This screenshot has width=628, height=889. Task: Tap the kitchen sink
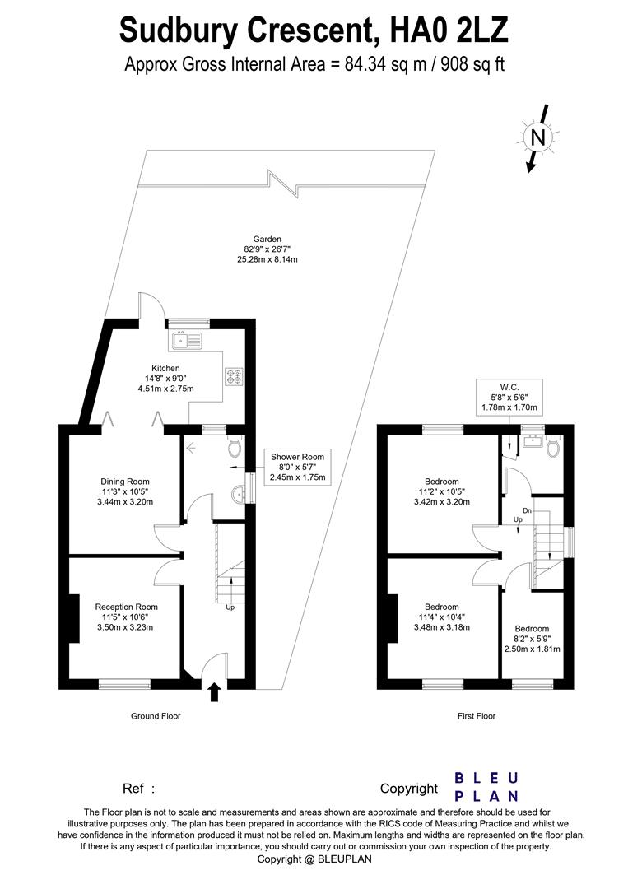click(186, 338)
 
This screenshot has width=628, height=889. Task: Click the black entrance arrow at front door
click(214, 691)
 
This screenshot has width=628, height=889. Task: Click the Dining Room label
click(125, 482)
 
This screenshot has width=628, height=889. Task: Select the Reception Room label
click(125, 606)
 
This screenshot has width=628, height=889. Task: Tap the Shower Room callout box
click(294, 467)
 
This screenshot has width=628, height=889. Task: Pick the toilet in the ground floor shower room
click(235, 446)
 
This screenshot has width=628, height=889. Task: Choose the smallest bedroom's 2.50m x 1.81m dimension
click(532, 649)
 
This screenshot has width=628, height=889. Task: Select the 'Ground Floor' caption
click(156, 716)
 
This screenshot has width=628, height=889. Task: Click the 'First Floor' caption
click(477, 716)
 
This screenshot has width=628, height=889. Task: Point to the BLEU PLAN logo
click(487, 787)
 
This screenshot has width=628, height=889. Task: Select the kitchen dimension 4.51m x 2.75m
click(165, 388)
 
